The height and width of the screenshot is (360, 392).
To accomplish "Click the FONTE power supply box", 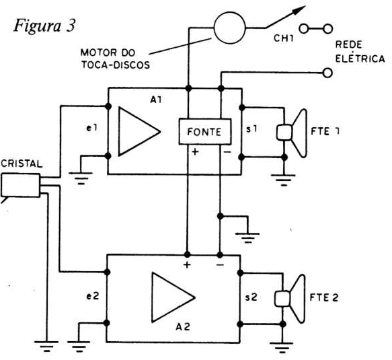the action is point(205,132).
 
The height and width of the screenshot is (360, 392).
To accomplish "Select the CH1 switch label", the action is point(284,38).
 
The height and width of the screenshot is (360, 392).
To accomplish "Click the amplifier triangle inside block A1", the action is point(139,131).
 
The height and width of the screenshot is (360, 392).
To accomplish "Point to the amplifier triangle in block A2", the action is point(173,297).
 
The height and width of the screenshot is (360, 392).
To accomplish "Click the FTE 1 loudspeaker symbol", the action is point(292,133).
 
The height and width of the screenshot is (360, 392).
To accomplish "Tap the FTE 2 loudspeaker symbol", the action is point(290,299).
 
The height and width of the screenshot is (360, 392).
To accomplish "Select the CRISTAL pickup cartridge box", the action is point(20,185).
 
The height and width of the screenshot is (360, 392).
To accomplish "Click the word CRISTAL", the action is point(22,164).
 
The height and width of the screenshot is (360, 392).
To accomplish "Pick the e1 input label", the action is point(91,128).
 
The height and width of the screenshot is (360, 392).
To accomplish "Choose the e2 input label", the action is point(93,296).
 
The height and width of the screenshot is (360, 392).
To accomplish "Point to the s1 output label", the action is point(251,129).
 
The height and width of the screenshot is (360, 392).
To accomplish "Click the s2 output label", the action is point(251,297).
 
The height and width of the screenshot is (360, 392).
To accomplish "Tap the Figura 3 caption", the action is point(44,26).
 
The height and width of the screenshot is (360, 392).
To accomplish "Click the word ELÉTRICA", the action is point(360,59).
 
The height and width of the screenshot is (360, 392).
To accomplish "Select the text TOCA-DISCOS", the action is point(116,65).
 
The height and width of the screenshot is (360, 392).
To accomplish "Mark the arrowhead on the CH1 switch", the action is point(299,10).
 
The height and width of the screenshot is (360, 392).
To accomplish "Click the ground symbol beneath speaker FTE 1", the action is point(284,180).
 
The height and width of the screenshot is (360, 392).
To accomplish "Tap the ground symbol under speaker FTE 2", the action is point(282,348).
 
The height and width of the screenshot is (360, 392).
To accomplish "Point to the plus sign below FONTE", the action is point(195,151).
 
